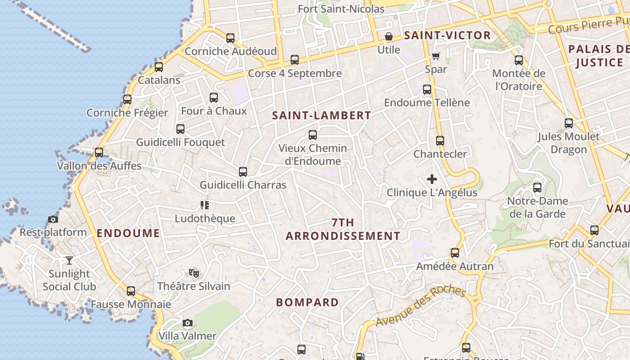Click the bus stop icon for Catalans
tap(159, 67)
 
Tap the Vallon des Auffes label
tap(99, 166)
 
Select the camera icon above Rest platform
tap(53, 220)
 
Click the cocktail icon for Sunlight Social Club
tap(69, 260)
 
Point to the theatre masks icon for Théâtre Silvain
tap(194, 273)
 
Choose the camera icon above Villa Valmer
tap(188, 323)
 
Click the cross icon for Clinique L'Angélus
tap(432, 179)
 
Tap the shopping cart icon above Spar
tap(435, 56)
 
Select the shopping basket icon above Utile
tap(388, 36)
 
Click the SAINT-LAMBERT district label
tap(322, 115)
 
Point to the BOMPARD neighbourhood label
tap(307, 302)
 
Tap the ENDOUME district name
tap(128, 233)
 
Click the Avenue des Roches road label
tap(420, 306)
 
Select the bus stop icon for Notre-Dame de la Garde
tap(537, 188)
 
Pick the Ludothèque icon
tap(205, 206)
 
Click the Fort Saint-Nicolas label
tap(341, 9)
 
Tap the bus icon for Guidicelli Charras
tap(243, 172)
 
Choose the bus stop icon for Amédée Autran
tap(455, 253)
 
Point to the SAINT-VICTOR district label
tap(447, 35)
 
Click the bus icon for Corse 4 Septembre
tap(295, 60)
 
